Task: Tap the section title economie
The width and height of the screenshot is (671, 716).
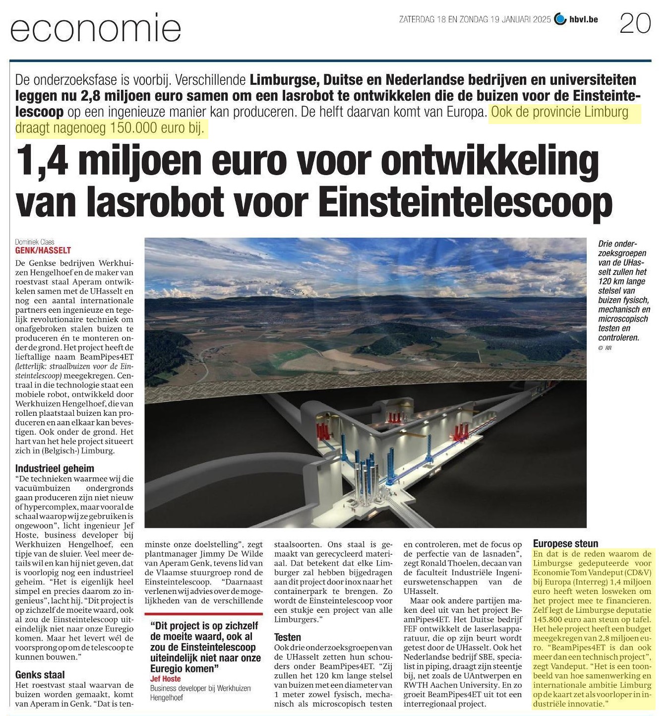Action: pyautogui.click(x=96, y=29)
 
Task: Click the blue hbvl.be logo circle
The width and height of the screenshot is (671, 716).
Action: pyautogui.click(x=560, y=19)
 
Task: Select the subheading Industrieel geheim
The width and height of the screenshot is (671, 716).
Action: pyautogui.click(x=55, y=468)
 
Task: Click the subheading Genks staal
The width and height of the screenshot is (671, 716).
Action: pyautogui.click(x=40, y=674)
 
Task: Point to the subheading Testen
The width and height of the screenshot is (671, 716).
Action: pyautogui.click(x=288, y=637)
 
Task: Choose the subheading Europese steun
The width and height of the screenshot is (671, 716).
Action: pyautogui.click(x=565, y=543)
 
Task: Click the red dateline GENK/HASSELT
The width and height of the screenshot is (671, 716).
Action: pyautogui.click(x=43, y=251)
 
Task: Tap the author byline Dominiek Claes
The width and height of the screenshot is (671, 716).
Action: pyautogui.click(x=35, y=243)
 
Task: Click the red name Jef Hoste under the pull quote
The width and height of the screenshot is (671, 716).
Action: pyautogui.click(x=165, y=679)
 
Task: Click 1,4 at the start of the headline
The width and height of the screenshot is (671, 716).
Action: pyautogui.click(x=42, y=161)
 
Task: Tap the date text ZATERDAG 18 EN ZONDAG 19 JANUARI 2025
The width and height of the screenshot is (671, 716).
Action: pyautogui.click(x=475, y=20)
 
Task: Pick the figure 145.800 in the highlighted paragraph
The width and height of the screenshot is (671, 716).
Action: pyautogui.click(x=549, y=620)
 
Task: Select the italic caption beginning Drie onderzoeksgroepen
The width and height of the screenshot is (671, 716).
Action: pyautogui.click(x=623, y=291)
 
